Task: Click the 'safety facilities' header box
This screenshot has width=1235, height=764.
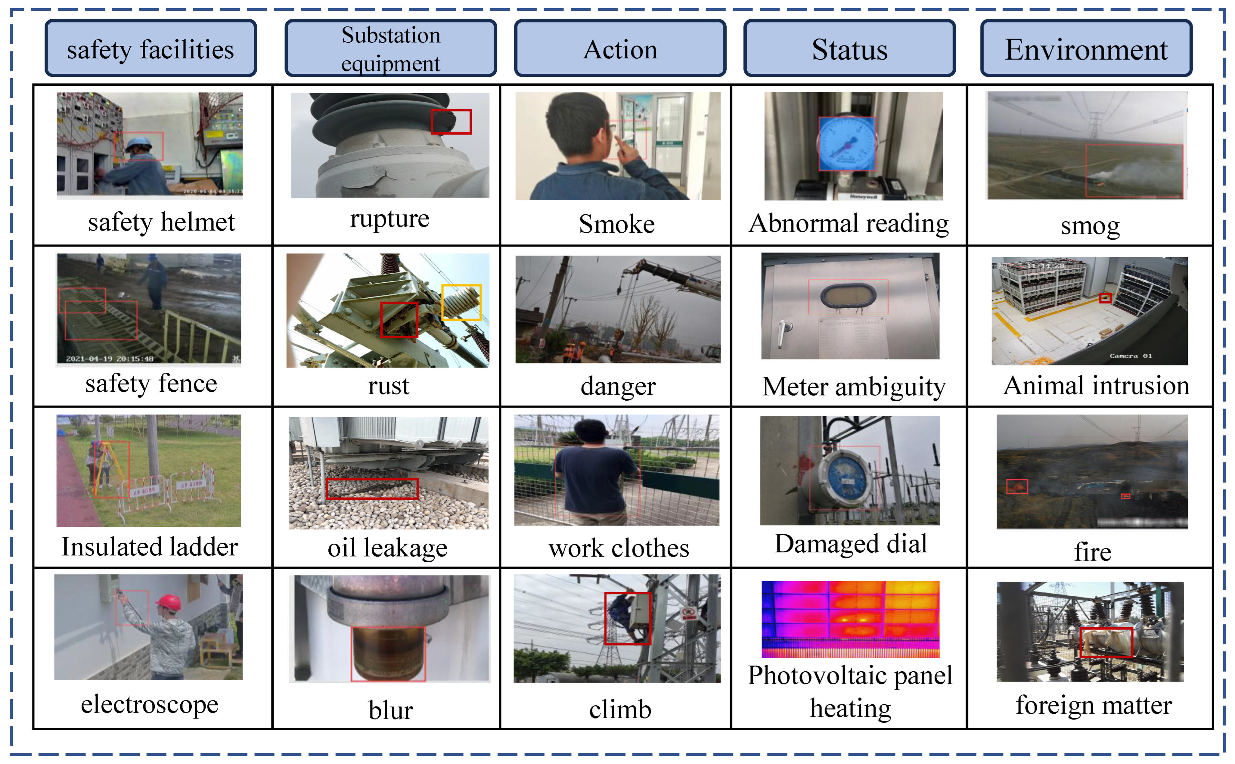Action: (151, 49)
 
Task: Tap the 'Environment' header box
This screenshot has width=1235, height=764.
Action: (1086, 49)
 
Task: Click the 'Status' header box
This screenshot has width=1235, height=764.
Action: (849, 49)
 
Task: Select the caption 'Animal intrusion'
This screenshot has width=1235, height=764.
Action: (1096, 385)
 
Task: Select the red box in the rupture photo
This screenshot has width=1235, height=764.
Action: (451, 122)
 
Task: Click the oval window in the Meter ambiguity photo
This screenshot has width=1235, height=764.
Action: (848, 295)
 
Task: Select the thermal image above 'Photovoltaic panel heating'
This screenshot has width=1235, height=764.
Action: (850, 619)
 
